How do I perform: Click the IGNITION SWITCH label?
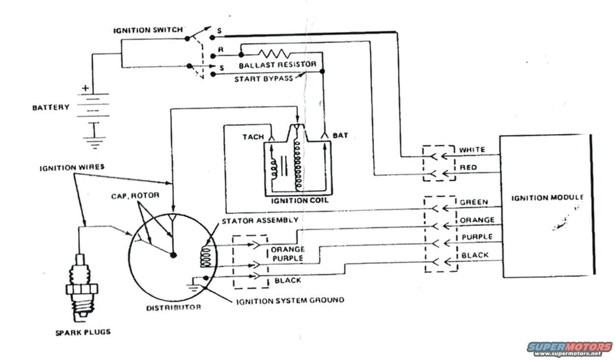tap(148, 30)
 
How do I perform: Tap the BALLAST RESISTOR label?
tap(278, 65)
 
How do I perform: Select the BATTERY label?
tap(51, 107)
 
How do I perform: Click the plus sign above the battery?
tap(86, 89)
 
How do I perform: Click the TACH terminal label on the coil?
tap(253, 136)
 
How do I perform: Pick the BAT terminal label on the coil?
tap(340, 135)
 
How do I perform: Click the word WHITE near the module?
tap(472, 150)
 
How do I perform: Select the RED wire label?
tap(468, 168)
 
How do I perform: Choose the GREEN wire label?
tap(474, 202)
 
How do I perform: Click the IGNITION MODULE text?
tap(547, 198)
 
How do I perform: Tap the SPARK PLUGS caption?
tap(82, 332)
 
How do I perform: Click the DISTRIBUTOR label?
tap(174, 308)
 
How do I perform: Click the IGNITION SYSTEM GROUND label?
tap(290, 300)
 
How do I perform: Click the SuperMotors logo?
tap(570, 348)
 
